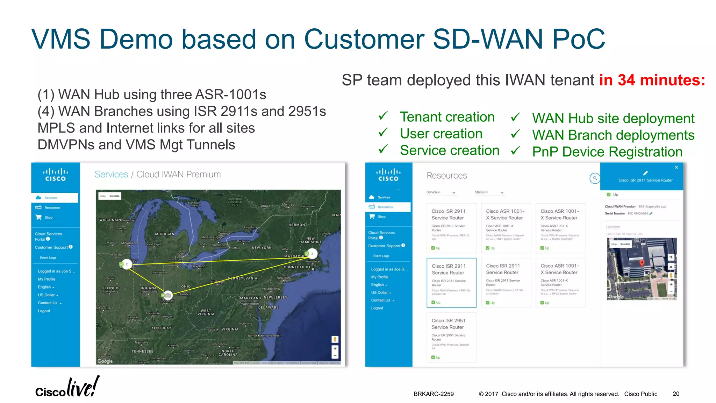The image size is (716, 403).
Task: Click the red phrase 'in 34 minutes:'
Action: pos(652,80)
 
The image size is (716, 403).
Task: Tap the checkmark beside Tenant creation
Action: pos(383,116)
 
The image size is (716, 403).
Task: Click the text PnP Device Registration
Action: pos(607,152)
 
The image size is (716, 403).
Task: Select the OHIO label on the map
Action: pos(186,287)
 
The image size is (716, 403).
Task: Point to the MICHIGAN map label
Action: pos(164,234)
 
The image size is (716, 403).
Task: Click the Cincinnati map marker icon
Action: pos(168,295)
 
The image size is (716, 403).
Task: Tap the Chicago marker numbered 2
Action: pos(126,264)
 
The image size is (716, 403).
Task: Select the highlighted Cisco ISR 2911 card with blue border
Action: pos(451,283)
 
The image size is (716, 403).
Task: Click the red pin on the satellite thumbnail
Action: pos(642,263)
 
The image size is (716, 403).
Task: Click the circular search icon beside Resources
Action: pos(594,178)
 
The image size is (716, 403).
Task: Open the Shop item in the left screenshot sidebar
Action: pos(48,218)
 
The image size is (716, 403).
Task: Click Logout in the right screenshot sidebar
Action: pos(377,308)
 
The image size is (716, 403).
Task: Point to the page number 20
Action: pos(676,394)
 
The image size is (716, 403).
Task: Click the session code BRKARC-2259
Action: pos(434,394)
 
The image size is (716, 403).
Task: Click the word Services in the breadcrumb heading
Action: pos(111,174)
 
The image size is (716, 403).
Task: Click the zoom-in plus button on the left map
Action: pos(335,348)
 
